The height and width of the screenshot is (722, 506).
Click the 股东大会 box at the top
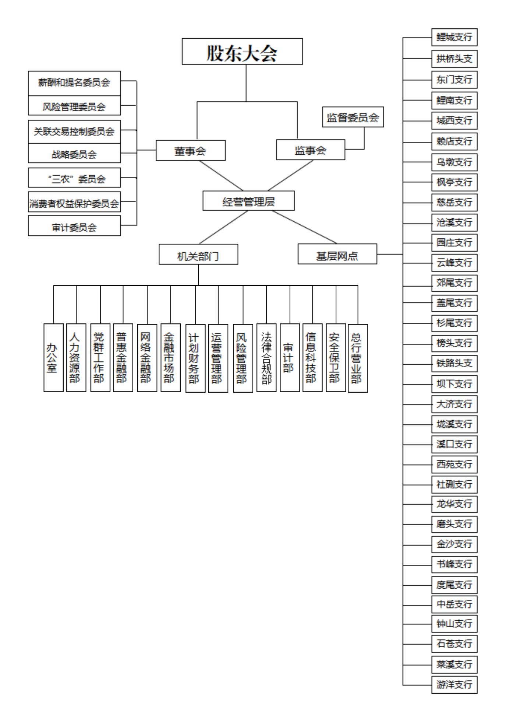point(242,52)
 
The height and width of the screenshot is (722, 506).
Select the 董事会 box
point(191,150)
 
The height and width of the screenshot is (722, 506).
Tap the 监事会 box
point(311,150)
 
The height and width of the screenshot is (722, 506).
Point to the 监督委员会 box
point(353,117)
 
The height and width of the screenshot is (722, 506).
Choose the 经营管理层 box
point(248,201)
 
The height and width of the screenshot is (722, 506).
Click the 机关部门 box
point(198,254)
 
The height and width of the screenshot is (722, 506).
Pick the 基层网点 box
point(337,254)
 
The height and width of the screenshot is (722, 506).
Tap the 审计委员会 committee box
point(74,225)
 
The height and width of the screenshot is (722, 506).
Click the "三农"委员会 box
point(74,178)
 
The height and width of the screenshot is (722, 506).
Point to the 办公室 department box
point(53,358)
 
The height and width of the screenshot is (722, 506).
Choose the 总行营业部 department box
point(358,358)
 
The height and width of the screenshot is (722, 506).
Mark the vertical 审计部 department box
point(290,358)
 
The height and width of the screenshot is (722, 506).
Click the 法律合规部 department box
point(266,358)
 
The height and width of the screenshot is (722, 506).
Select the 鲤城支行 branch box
point(454,37)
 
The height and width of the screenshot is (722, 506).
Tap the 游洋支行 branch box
point(454,685)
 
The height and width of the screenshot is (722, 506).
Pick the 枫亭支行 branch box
point(454,182)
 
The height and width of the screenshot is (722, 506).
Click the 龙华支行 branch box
point(454,504)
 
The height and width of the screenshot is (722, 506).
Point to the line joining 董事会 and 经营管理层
point(221,176)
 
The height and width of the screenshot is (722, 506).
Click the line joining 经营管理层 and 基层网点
point(304,227)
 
